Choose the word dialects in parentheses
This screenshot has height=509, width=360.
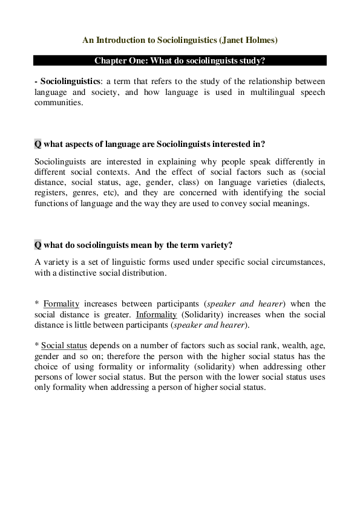308,182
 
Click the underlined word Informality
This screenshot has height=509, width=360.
156,314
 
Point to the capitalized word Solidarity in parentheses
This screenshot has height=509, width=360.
200,314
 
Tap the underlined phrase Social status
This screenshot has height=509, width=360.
64,346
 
